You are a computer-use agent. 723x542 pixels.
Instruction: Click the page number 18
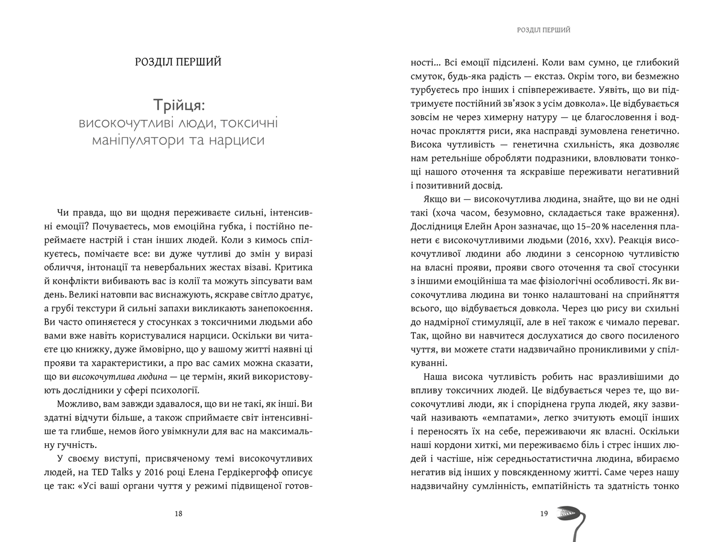click(x=178, y=514)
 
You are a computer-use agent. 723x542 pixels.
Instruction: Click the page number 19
click(x=543, y=514)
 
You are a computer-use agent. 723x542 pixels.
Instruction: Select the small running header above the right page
click(x=544, y=30)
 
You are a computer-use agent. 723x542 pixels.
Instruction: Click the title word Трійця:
click(x=178, y=105)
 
